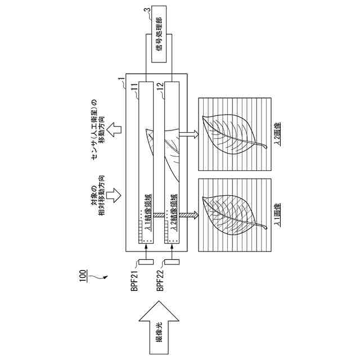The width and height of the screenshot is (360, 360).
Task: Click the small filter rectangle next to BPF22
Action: [172, 262]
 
